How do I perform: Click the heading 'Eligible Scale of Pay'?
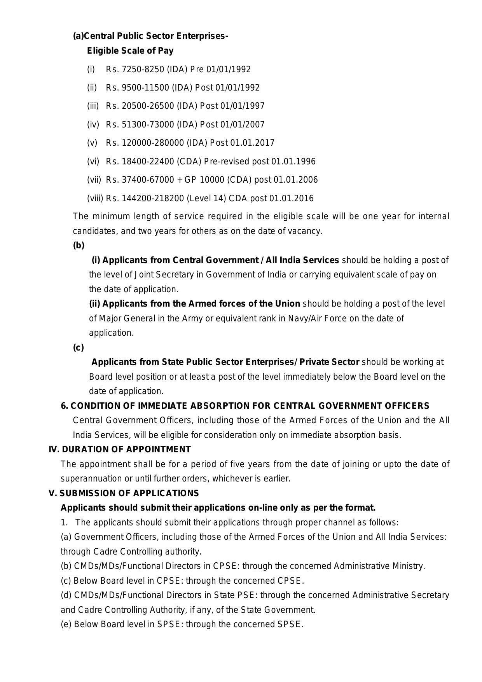[x=130, y=51]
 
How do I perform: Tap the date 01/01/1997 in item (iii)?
[x=242, y=106]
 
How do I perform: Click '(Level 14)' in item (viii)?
[x=206, y=199]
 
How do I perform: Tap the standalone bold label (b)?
[x=79, y=246]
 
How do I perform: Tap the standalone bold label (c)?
[x=78, y=348]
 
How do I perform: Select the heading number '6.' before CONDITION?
[x=65, y=406]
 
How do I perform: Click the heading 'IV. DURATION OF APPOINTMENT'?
[x=120, y=450]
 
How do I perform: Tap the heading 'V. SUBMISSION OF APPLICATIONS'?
[x=124, y=494]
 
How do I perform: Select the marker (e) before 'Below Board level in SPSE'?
[x=66, y=624]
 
